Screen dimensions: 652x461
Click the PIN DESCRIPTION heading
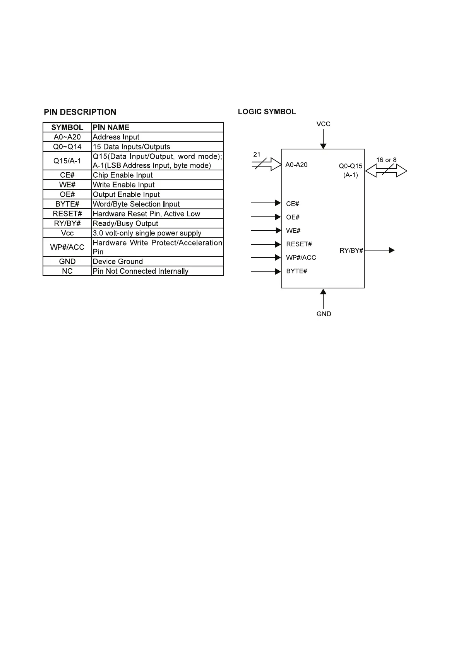80,112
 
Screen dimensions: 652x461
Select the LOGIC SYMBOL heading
267,112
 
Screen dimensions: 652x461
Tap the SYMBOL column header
67,127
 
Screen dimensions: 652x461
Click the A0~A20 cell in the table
67,137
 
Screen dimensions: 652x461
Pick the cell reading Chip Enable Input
123,175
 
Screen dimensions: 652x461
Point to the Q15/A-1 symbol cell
67,161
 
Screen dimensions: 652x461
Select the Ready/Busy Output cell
125,223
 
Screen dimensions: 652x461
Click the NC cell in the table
67,271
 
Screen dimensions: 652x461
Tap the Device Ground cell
118,261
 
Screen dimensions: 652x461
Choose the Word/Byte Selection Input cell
136,204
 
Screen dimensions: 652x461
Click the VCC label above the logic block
324,124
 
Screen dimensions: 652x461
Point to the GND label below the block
324,314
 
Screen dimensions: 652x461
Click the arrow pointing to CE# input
266,203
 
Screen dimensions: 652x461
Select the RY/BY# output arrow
379,251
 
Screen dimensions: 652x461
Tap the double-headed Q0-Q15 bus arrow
386,171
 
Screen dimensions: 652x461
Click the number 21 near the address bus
257,154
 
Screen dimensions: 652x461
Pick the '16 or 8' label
386,160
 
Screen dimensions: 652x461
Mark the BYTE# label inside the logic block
296,271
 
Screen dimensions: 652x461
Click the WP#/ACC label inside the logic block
301,257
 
